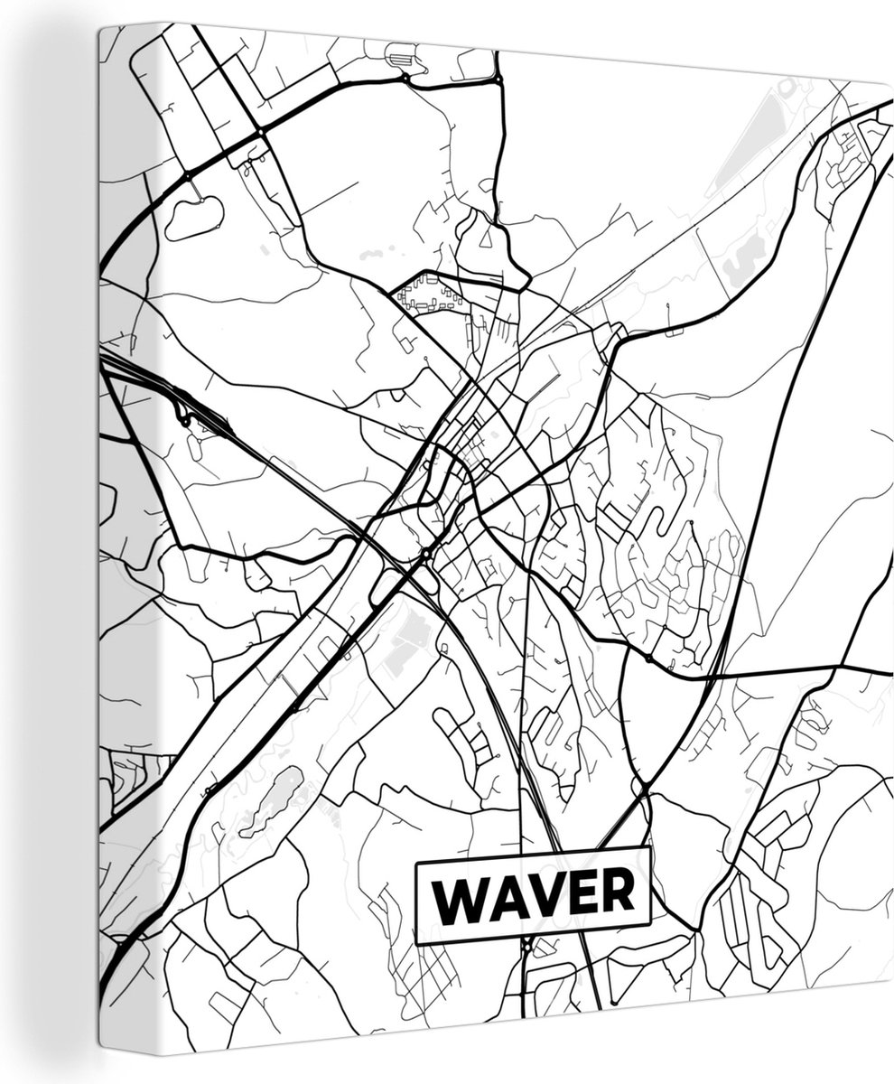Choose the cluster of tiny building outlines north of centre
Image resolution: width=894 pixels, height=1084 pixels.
(424, 294)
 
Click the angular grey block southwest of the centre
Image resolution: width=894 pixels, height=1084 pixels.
(403, 641)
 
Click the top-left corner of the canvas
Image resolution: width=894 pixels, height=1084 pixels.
(100, 26)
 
